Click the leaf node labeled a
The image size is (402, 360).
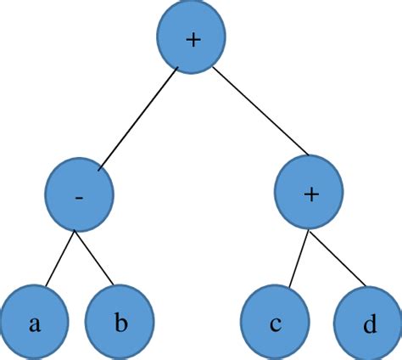pos(34,323)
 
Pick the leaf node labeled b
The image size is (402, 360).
pos(120,323)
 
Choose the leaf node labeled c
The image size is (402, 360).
pos(276,323)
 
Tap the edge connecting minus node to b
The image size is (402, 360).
pos(98,258)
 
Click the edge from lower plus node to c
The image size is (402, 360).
pos(293,257)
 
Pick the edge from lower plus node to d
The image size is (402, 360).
pos(337,258)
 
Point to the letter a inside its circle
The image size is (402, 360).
pos(33,324)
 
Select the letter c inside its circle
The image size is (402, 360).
pos(276,324)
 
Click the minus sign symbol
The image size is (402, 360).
pos(79,196)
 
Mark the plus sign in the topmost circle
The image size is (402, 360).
pos(194,40)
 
